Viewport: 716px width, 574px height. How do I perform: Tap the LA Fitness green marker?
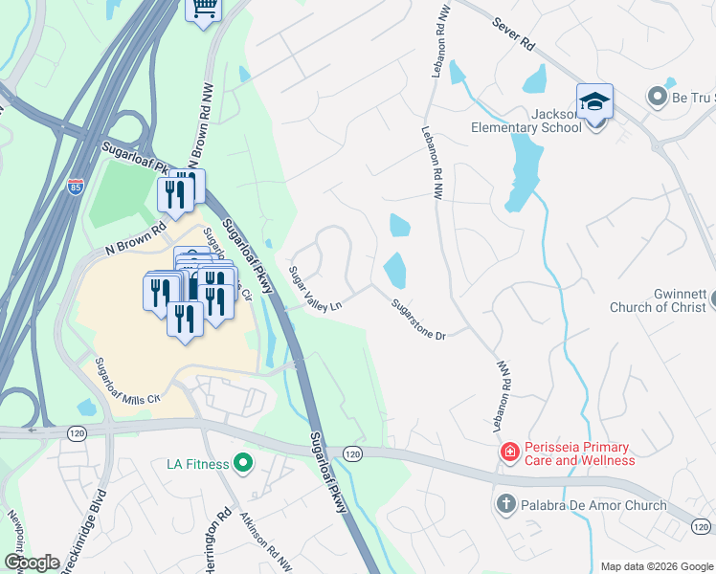(242, 465)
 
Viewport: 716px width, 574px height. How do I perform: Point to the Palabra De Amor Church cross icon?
(506, 503)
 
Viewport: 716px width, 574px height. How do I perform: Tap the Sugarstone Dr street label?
(419, 320)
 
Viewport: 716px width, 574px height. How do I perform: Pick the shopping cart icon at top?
(204, 9)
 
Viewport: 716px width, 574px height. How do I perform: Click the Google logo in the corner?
(32, 562)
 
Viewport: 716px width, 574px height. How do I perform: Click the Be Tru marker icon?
(657, 97)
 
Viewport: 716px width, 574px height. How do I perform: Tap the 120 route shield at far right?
(701, 525)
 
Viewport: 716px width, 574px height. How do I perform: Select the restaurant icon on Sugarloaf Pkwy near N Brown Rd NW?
(174, 195)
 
